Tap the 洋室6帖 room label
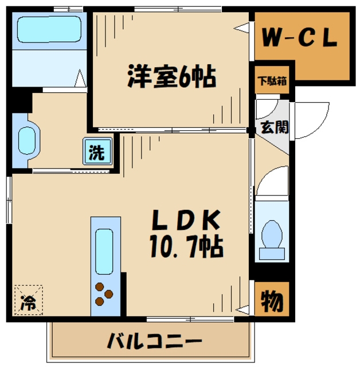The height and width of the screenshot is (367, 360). (x=171, y=76)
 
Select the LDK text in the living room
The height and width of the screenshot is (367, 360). (x=186, y=220)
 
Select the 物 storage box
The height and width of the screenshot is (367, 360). (x=272, y=299)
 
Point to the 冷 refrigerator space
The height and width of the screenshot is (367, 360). (x=28, y=299)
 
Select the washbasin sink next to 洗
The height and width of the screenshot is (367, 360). (x=27, y=139)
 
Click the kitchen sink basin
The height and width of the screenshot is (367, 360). (x=105, y=251)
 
